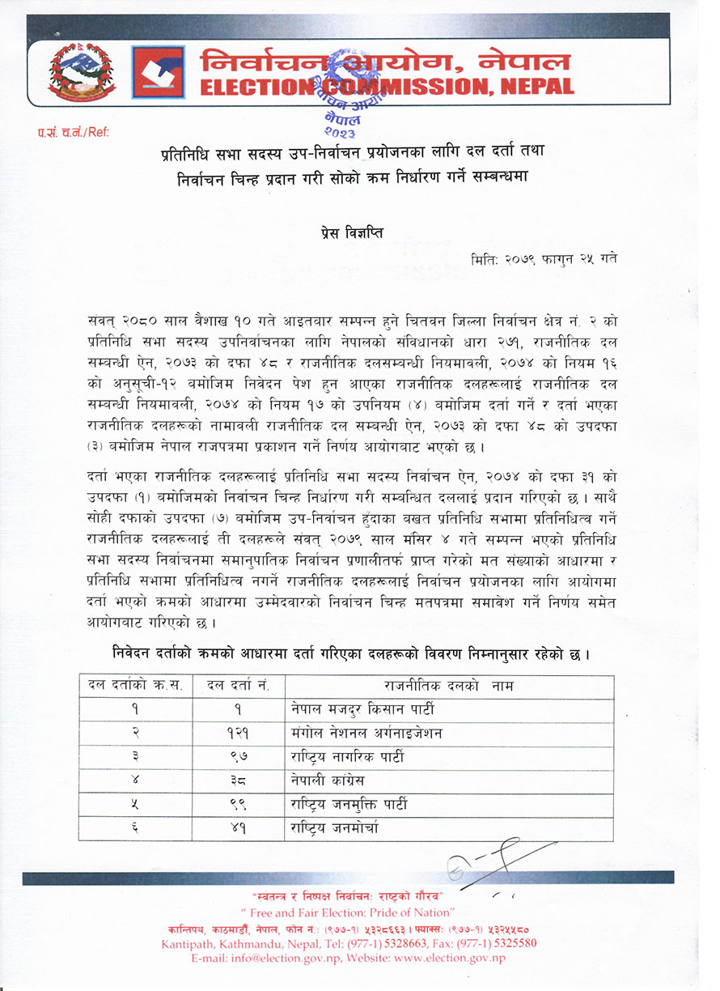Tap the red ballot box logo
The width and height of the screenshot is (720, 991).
(x=158, y=72)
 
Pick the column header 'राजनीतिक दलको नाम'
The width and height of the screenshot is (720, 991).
(x=449, y=687)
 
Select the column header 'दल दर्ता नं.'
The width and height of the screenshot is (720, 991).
(x=237, y=687)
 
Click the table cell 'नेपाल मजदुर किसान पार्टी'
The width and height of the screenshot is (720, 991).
(x=363, y=709)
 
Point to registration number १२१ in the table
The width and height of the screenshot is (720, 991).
(x=237, y=734)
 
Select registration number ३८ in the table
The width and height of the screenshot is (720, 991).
(x=237, y=781)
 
